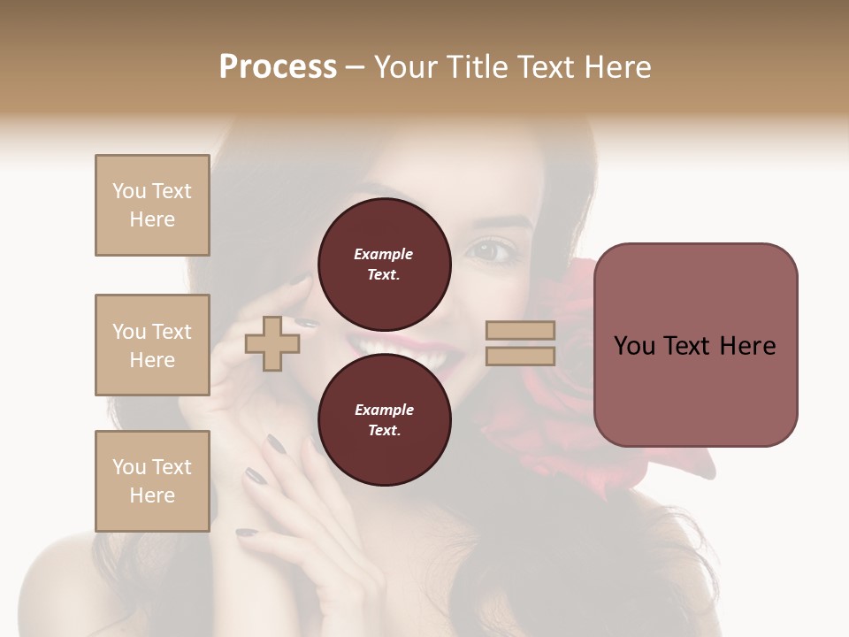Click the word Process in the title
point(278,67)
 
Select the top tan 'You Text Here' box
point(152,205)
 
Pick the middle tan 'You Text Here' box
point(152,345)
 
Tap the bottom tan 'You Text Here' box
point(152,481)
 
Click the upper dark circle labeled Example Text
point(384,265)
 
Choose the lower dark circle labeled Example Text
point(384,420)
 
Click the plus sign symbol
point(272,343)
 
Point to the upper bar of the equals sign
point(521,331)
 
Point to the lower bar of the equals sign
point(521,356)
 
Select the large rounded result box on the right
point(695,345)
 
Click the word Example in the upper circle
point(384,254)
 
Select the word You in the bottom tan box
point(128,467)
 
